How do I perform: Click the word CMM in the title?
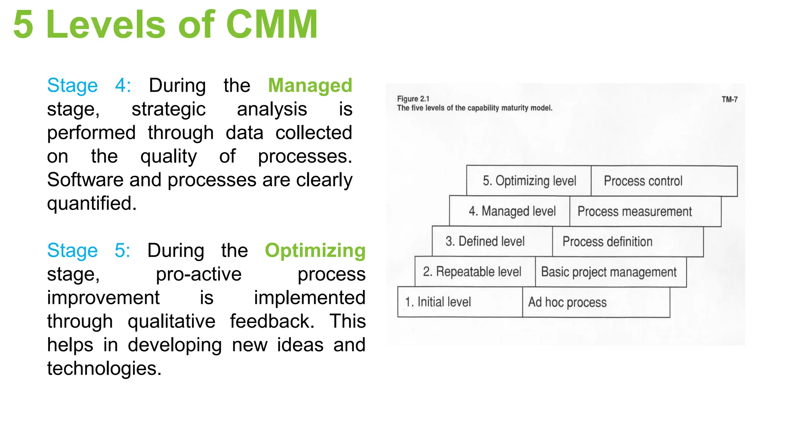272,25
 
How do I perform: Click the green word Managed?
310,85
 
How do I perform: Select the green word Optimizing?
315,250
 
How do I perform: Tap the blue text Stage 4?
89,85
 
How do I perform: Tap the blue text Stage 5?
89,250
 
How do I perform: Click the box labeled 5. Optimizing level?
529,181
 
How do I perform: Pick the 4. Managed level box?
510,211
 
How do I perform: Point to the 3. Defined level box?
492,241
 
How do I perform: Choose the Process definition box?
627,242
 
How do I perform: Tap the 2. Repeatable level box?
475,272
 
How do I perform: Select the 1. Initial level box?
460,302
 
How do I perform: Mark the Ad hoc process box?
596,302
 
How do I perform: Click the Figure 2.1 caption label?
413,99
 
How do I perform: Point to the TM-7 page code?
729,99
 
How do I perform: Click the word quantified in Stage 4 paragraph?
92,203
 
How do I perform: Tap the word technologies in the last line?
104,368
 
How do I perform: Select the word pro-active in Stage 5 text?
199,274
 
